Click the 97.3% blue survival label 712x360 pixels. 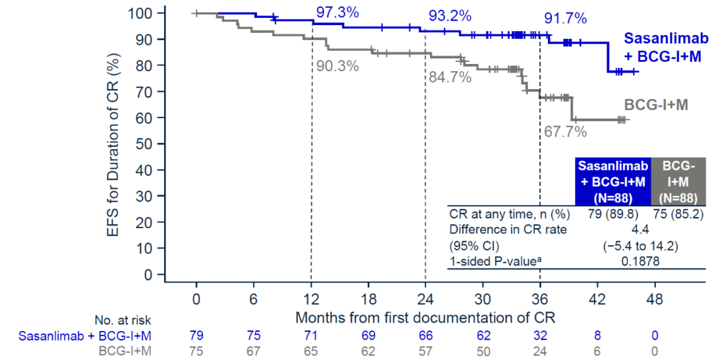tap(337, 11)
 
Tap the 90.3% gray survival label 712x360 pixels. tap(338, 66)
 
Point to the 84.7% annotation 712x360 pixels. tap(450, 77)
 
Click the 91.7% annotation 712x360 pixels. tap(565, 18)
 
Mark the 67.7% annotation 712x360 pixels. tap(565, 132)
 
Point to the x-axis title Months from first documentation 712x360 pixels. tap(425, 316)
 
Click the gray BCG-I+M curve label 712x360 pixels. tap(656, 104)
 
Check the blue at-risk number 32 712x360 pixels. tap(540, 336)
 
